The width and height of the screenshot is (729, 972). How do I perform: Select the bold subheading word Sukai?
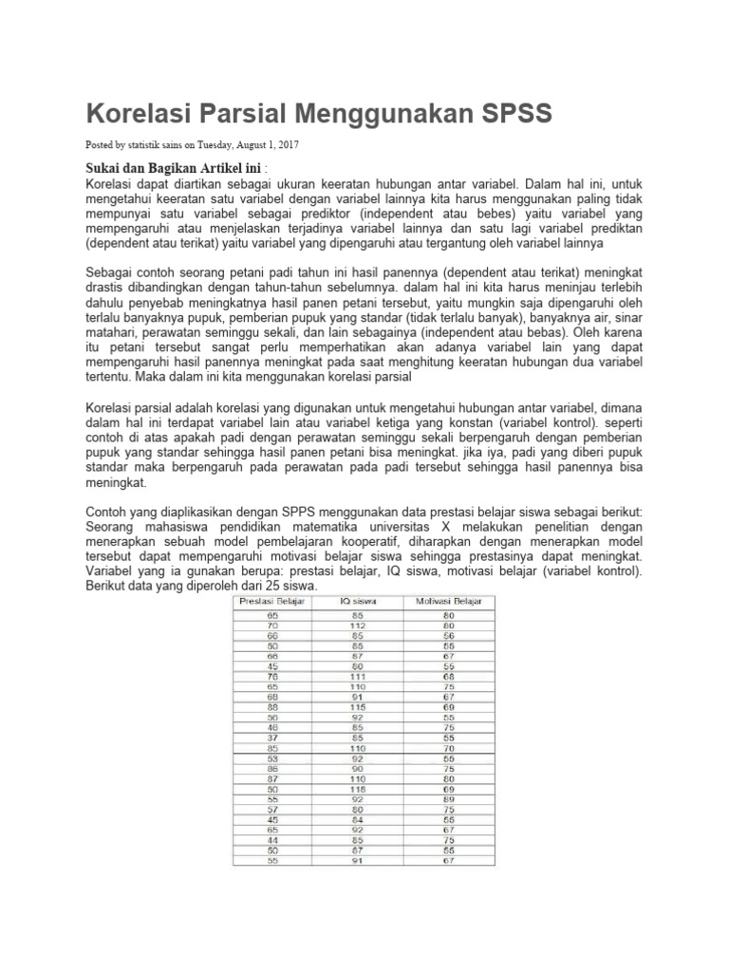tap(104, 168)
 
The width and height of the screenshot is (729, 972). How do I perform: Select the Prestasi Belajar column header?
tap(272, 602)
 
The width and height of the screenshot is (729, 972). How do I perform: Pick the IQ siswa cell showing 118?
tap(358, 789)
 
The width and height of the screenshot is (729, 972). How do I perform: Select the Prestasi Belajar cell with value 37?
tap(272, 738)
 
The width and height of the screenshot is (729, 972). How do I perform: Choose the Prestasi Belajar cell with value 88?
tap(272, 706)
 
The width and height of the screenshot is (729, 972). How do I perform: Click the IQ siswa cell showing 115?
tap(358, 706)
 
